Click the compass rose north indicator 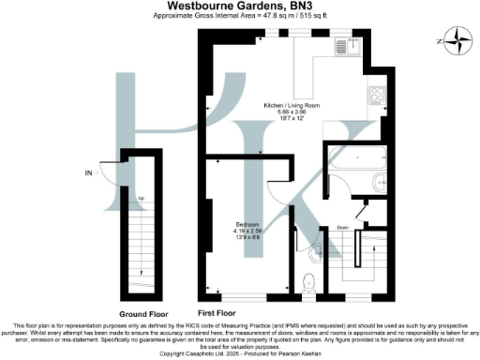point(457,39)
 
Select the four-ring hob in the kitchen point(378,95)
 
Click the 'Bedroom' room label point(247,225)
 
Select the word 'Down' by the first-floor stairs point(344,228)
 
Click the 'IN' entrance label point(89,172)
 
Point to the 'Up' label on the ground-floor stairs point(141,199)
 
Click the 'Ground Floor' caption point(142,312)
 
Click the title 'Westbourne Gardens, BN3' point(241,7)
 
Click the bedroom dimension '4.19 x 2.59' point(247,232)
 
